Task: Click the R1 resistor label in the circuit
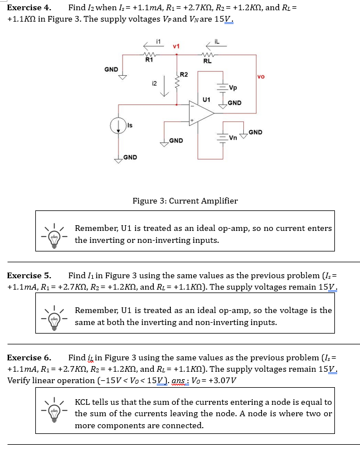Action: (149, 59)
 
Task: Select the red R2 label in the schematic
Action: (184, 75)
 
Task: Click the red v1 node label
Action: (176, 46)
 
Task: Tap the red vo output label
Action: (261, 76)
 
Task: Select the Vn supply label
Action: (233, 137)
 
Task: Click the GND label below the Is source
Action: (130, 157)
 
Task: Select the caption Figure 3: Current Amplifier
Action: (185, 201)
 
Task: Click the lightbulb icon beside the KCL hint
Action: (54, 413)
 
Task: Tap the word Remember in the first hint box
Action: (97, 228)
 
